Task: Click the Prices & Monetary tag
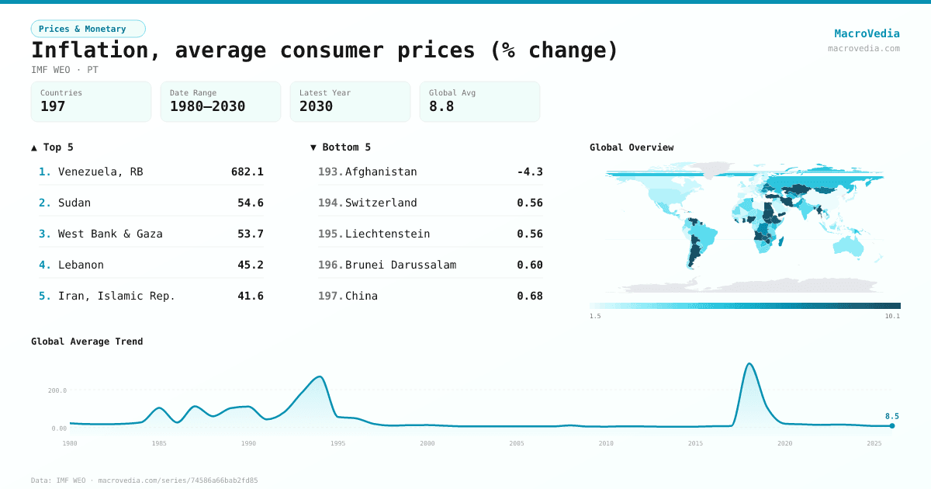coord(88,29)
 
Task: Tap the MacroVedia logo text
coord(867,33)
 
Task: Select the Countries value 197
coord(53,106)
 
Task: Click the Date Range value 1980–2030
coord(207,106)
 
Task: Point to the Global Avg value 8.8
coord(441,106)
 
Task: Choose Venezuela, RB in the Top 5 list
coord(100,172)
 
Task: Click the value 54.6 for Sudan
coord(250,203)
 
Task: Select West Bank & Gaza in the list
coord(110,234)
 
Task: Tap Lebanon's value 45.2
coord(250,265)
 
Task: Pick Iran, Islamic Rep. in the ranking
coord(116,296)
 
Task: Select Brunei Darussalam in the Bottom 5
coord(400,265)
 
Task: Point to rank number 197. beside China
coord(330,296)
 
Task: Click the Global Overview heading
coord(632,147)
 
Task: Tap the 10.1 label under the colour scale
coord(892,316)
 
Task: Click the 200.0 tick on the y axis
coord(57,390)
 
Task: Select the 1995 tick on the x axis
coord(337,443)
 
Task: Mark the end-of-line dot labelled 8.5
coord(892,425)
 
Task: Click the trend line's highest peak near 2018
coord(749,363)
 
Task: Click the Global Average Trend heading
coord(87,342)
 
